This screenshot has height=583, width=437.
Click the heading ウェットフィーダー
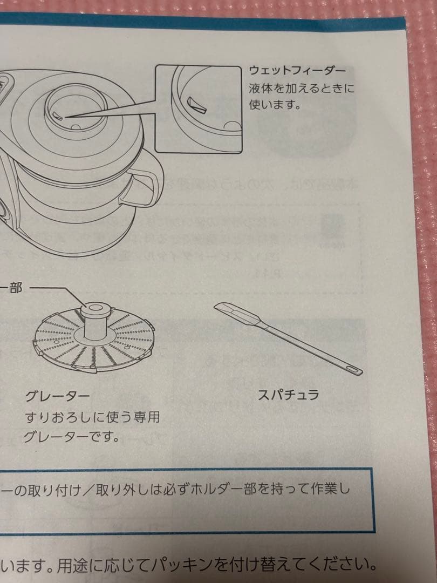tap(297, 71)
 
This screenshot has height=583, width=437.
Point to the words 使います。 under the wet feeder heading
tap(274, 104)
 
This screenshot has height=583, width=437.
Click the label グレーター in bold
tap(57, 397)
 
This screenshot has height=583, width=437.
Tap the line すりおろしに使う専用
tap(92, 417)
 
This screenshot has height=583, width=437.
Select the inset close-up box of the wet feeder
tap(198, 109)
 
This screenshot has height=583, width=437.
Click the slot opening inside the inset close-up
tap(197, 104)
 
